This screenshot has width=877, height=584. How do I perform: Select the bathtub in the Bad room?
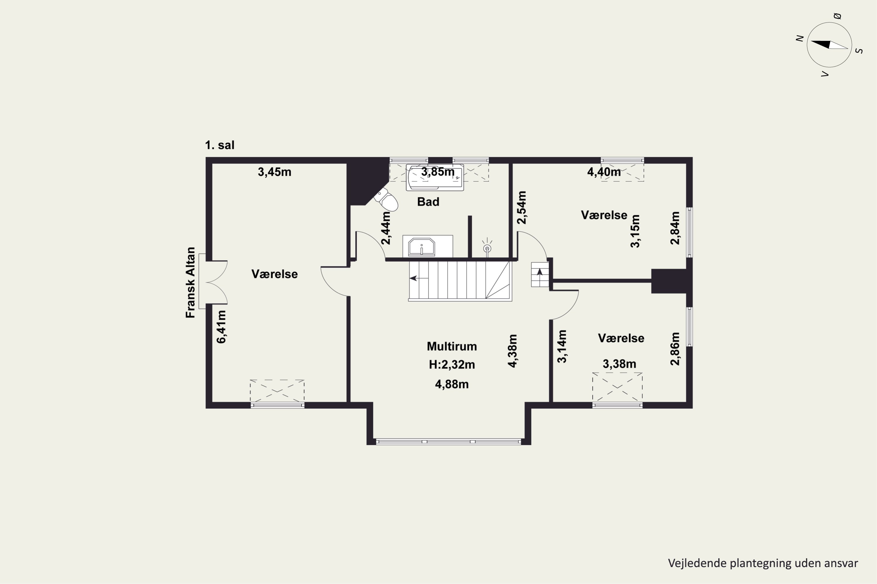[435, 178]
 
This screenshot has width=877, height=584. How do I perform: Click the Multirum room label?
[452, 346]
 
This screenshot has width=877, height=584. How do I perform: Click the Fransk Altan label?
[191, 282]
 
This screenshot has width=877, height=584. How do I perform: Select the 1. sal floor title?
[220, 145]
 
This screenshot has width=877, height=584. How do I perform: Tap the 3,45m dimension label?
[275, 172]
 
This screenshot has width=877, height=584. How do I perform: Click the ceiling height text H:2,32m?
[452, 365]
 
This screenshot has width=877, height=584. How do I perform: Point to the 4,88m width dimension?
[452, 384]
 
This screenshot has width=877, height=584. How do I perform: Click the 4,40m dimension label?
[604, 172]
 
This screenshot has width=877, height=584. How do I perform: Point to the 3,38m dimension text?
[619, 364]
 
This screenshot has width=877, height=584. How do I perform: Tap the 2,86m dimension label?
[675, 349]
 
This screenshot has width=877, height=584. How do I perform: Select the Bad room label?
[428, 202]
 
